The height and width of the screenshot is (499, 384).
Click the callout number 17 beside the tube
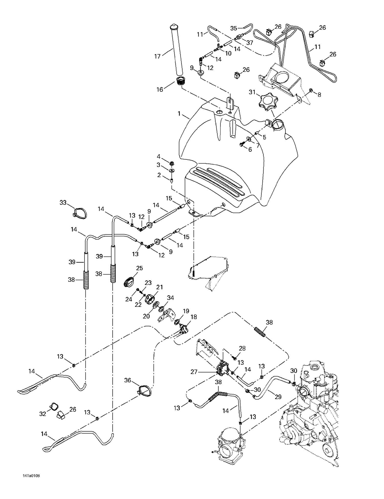(157, 56)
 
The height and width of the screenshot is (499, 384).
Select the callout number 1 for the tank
(179, 113)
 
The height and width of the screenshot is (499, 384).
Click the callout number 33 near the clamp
(63, 203)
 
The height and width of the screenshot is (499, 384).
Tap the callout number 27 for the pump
(194, 372)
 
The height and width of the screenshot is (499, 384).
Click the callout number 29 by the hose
(278, 397)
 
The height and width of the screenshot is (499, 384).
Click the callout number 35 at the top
(234, 28)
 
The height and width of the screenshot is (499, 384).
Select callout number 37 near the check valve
(249, 43)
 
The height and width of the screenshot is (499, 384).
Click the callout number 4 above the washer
(159, 156)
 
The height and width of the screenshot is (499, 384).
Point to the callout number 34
(170, 298)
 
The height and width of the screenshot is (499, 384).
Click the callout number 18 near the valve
(194, 317)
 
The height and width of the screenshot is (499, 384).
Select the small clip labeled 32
(54, 406)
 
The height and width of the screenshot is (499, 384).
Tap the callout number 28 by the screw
(242, 348)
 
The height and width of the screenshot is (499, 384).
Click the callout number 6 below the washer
(250, 149)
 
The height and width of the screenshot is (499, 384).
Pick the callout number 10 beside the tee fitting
(228, 53)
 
